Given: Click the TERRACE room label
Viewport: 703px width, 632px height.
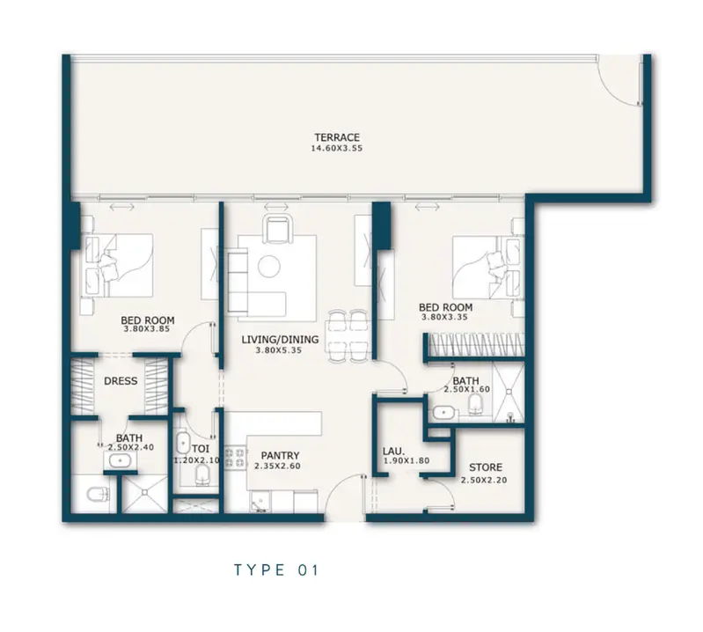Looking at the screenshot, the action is tap(337, 137).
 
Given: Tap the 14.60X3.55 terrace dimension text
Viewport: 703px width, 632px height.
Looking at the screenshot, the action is tap(337, 149).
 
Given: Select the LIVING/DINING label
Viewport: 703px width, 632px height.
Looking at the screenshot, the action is tap(280, 340).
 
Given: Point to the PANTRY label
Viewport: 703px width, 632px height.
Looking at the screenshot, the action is tap(280, 456).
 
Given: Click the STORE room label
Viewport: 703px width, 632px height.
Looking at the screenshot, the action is tap(486, 467).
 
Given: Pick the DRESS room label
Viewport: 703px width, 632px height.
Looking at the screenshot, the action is tap(121, 381).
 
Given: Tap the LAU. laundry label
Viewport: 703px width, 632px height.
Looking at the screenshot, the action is tap(394, 452).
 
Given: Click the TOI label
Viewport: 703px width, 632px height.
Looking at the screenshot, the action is tap(201, 449).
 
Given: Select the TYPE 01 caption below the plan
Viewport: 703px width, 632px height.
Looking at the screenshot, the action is tap(276, 570).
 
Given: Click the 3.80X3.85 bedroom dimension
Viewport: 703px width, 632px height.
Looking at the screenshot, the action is tap(147, 329).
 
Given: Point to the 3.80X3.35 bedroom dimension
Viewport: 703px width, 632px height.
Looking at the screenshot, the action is tap(444, 317).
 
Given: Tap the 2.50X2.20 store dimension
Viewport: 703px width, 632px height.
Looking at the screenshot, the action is tap(484, 481).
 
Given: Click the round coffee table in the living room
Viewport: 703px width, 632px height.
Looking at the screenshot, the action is tap(269, 267).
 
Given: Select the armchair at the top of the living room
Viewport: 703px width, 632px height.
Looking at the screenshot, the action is tap(279, 229).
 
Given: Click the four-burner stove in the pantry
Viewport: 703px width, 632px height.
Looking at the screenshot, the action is tap(235, 458).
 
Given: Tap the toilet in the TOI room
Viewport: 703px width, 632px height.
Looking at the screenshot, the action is tap(202, 474).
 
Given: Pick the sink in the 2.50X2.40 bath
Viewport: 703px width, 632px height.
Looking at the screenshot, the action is tap(120, 460).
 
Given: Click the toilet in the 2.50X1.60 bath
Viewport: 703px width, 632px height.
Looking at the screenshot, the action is tap(476, 405).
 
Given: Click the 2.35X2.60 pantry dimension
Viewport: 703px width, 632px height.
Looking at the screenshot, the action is tap(277, 466).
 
